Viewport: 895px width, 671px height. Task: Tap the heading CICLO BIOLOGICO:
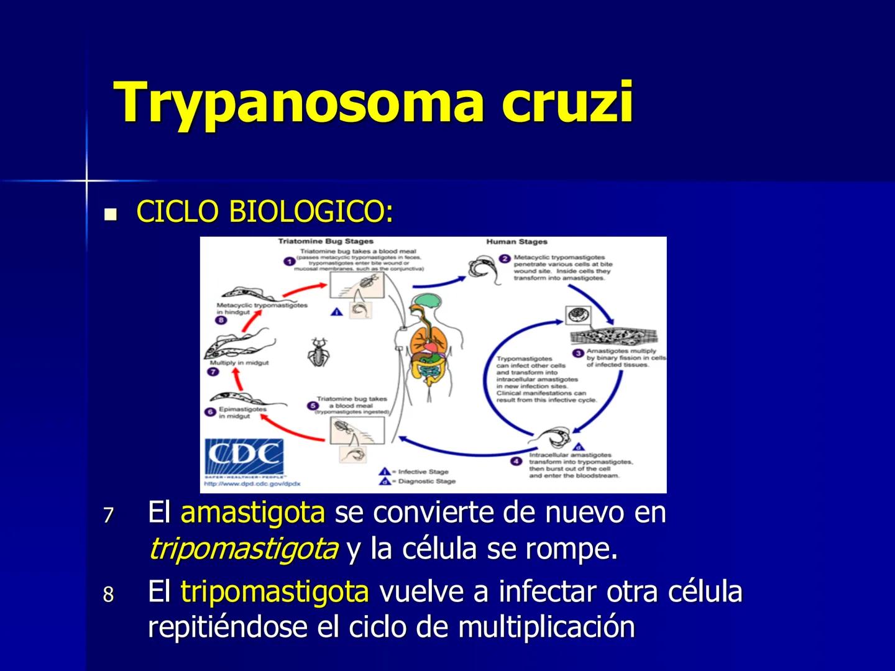[x=265, y=212]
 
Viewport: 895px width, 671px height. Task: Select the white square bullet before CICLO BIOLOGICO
[x=111, y=215]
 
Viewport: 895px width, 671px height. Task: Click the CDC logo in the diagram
[x=245, y=457]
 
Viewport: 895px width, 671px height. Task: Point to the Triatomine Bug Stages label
[x=325, y=242]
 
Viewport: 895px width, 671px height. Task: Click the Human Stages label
[x=516, y=242]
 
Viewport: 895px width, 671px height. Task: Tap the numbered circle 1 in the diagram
[x=289, y=261]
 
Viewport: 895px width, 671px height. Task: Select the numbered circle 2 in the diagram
[x=505, y=258]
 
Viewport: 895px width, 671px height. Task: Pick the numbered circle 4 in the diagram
[x=516, y=461]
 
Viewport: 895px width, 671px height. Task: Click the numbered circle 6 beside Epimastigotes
[x=210, y=411]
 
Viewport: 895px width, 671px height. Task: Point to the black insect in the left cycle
[x=319, y=352]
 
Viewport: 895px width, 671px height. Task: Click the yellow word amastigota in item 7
[x=252, y=513]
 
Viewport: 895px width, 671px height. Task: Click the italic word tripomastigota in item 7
[x=244, y=549]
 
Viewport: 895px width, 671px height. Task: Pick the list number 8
[x=109, y=595]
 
